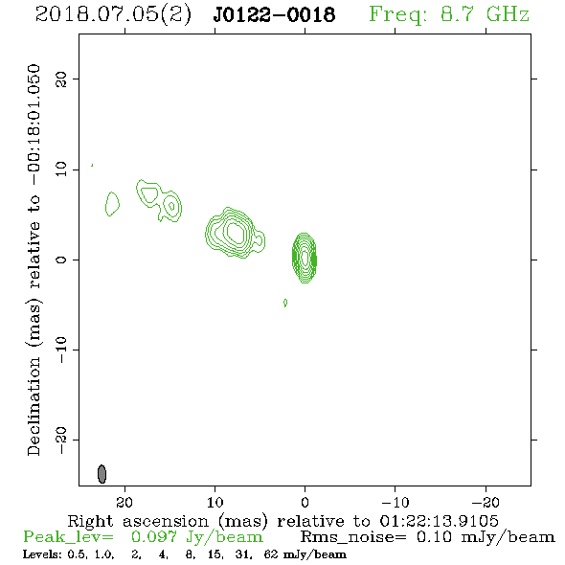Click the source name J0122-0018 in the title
274,14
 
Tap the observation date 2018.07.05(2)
113,15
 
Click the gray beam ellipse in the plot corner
102,474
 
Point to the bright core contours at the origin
305,258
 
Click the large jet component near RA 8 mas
235,233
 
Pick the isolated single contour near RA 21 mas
112,204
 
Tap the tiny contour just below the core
285,303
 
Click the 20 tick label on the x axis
124,502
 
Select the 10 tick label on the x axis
215,502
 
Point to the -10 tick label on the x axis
395,502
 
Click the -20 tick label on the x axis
486,502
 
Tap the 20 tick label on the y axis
61,79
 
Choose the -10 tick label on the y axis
61,350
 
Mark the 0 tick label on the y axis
61,260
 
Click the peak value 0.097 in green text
154,537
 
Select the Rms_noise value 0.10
434,537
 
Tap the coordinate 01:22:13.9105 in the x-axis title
439,521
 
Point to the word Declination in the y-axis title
34,406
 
